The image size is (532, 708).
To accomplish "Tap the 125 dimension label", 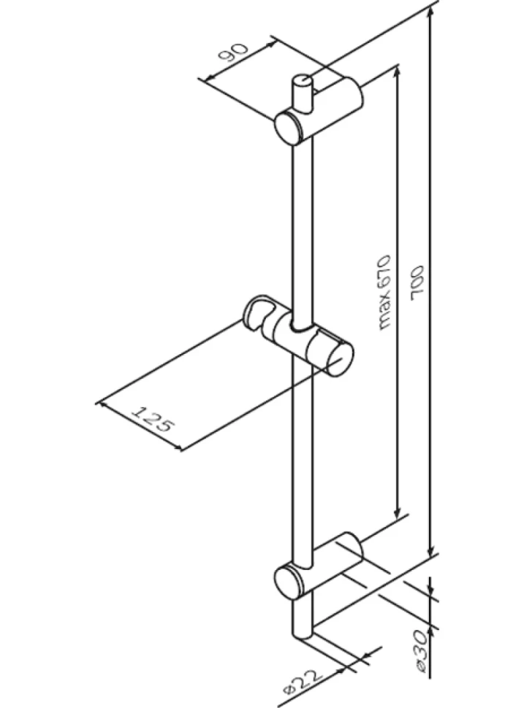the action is pyautogui.click(x=152, y=418).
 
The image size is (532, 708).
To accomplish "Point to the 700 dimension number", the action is pyautogui.click(x=417, y=283).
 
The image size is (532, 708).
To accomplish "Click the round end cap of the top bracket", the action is pyautogui.click(x=289, y=128).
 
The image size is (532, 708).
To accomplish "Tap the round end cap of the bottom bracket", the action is pyautogui.click(x=288, y=582).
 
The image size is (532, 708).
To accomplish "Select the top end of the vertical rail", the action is pyautogui.click(x=302, y=80).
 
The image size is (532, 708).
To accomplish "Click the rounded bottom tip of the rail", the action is pyautogui.click(x=302, y=634).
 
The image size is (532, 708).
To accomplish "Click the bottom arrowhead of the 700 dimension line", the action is pyautogui.click(x=431, y=551).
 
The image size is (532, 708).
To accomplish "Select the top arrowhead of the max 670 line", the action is pyautogui.click(x=397, y=73).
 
